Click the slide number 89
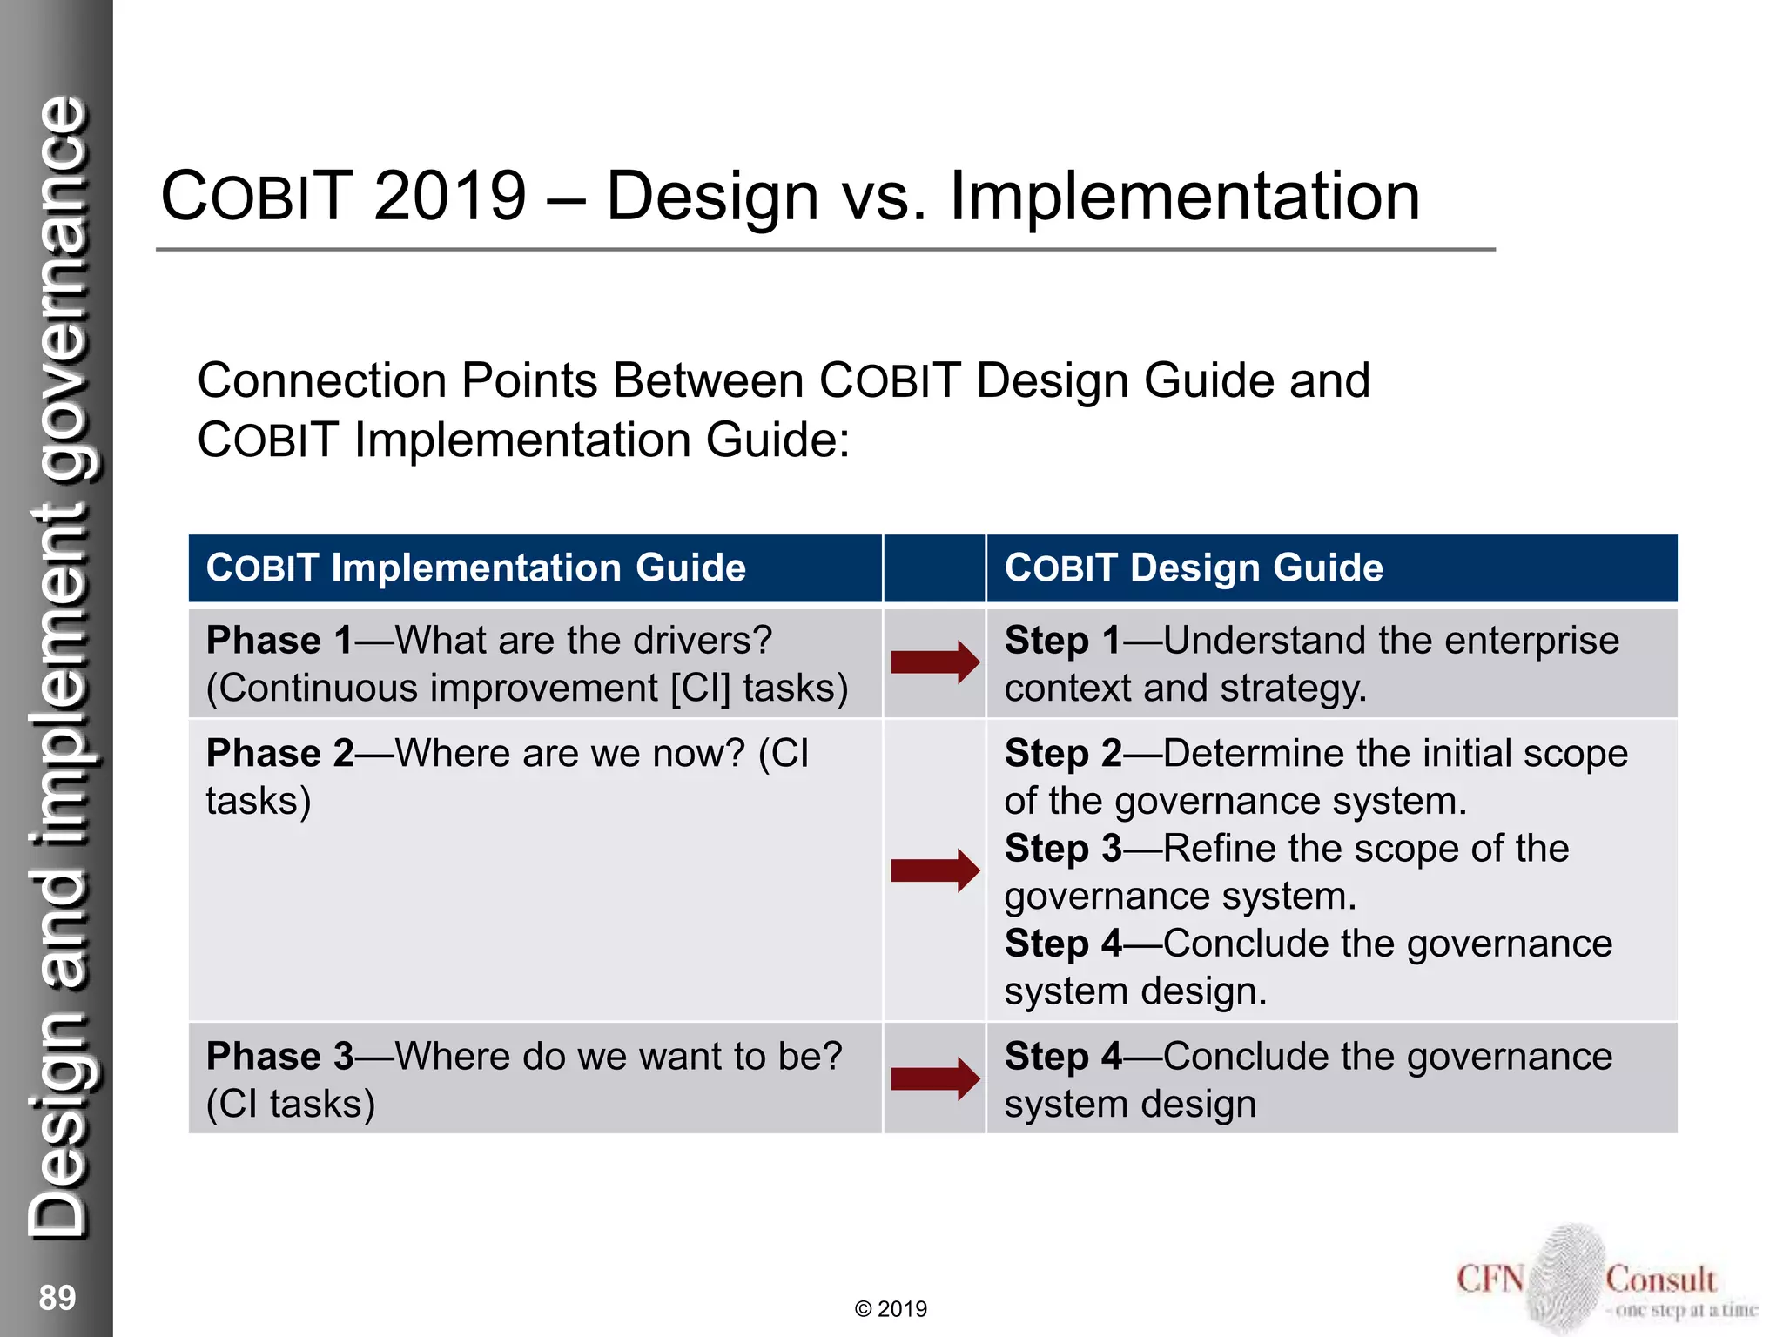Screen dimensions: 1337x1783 click(57, 1297)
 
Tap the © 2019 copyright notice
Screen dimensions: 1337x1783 click(891, 1309)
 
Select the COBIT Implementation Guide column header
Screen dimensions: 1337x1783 click(475, 568)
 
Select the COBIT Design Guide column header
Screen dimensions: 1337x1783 click(1193, 568)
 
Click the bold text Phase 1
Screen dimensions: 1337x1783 click(279, 641)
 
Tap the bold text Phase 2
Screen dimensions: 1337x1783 click(279, 754)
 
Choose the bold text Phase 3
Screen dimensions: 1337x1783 click(279, 1057)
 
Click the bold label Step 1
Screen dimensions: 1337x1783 click(1062, 641)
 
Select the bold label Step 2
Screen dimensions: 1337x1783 click(1062, 754)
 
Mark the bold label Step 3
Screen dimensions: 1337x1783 click(1062, 849)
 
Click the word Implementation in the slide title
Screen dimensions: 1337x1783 click(1184, 197)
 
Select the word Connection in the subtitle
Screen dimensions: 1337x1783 click(322, 381)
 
